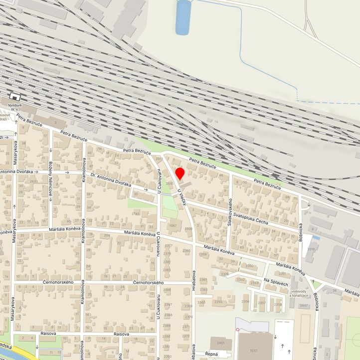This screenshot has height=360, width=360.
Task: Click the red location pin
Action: pyautogui.click(x=180, y=174)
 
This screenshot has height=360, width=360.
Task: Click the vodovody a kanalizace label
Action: pyautogui.click(x=299, y=293)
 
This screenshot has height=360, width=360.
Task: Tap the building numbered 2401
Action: pyautogui.click(x=220, y=344)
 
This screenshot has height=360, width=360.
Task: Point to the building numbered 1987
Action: pyautogui.click(x=173, y=226)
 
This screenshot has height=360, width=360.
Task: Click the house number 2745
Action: pyautogui.click(x=136, y=214)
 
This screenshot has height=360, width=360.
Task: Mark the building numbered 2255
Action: pyautogui.click(x=218, y=302)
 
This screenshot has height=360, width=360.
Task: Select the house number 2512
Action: pyautogui.click(x=159, y=159)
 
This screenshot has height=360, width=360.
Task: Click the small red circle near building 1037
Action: pyautogui.click(x=238, y=330)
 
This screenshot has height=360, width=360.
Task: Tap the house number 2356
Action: pyautogui.click(x=245, y=302)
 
